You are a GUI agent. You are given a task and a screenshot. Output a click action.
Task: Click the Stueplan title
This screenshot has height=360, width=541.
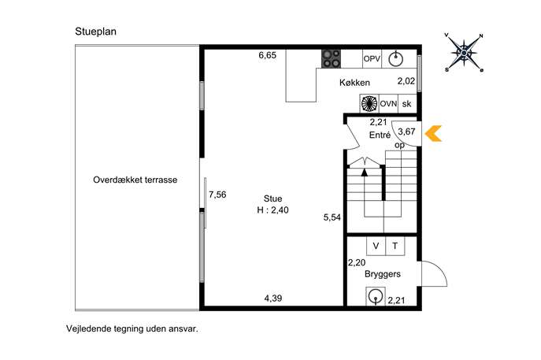(95, 32)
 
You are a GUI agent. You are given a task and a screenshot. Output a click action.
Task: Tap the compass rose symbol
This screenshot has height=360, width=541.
(464, 53)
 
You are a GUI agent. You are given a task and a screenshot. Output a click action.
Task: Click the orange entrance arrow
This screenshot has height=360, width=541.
(433, 134)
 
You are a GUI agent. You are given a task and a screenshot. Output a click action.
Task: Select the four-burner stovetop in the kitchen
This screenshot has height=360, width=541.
(332, 58)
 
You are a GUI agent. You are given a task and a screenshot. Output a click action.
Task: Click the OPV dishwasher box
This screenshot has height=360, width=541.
(372, 58)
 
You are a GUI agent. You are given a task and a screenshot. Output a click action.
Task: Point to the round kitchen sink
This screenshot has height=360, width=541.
(396, 59)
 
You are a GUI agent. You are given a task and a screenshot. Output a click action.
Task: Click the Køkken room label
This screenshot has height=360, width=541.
(354, 83)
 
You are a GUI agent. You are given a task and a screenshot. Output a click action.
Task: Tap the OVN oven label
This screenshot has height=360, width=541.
(388, 103)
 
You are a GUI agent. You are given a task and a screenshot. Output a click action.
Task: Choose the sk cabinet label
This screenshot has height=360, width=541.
(407, 103)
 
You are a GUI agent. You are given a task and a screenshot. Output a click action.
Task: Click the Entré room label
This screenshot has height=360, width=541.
(380, 135)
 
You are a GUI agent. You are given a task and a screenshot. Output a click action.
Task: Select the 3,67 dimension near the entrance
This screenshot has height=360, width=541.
(406, 132)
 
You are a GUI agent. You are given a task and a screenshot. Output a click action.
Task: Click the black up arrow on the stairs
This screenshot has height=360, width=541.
(365, 172)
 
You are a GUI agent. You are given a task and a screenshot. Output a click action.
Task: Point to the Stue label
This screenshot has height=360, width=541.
(272, 199)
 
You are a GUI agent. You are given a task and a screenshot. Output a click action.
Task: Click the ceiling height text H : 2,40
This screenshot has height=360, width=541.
(272, 210)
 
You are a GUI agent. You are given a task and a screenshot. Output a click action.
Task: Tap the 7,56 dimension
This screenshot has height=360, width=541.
(217, 195)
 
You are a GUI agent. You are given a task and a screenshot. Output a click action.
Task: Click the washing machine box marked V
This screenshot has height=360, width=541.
(376, 246)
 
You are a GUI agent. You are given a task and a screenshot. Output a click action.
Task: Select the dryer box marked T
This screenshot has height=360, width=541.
(395, 246)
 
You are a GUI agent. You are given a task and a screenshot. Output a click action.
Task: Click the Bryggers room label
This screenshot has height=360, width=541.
(383, 274)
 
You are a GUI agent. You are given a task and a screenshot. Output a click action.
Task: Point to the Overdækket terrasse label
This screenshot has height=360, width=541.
(135, 180)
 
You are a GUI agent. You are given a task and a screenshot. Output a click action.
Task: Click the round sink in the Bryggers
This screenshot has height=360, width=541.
(376, 296)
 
